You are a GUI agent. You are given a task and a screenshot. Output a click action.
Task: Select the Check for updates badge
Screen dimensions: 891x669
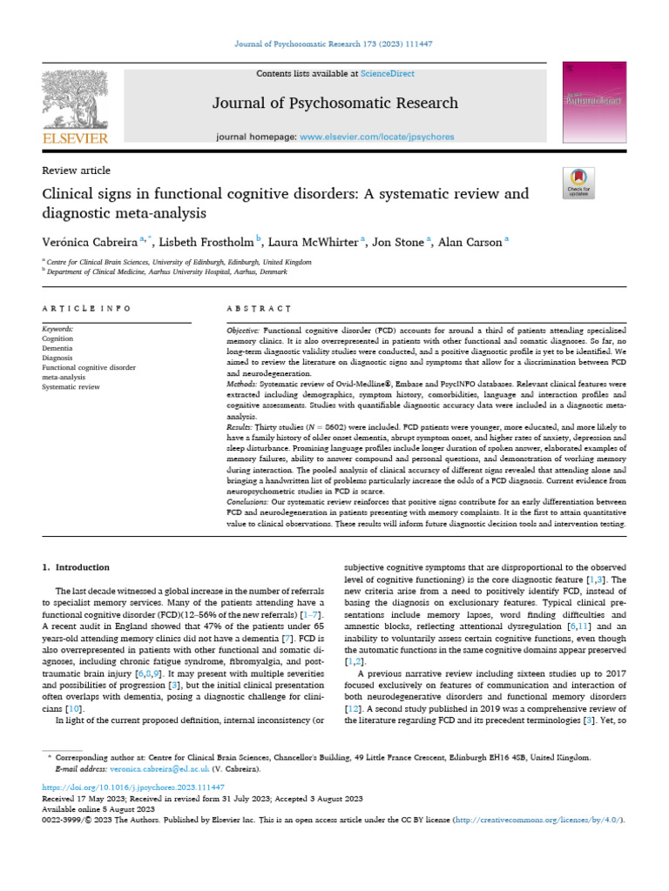point(578,182)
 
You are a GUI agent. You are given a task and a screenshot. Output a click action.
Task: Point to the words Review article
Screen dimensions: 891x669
point(76,171)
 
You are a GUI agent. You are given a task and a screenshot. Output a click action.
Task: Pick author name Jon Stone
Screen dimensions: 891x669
point(395,242)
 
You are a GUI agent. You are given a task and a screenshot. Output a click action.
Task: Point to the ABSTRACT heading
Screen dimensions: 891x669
point(258,308)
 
